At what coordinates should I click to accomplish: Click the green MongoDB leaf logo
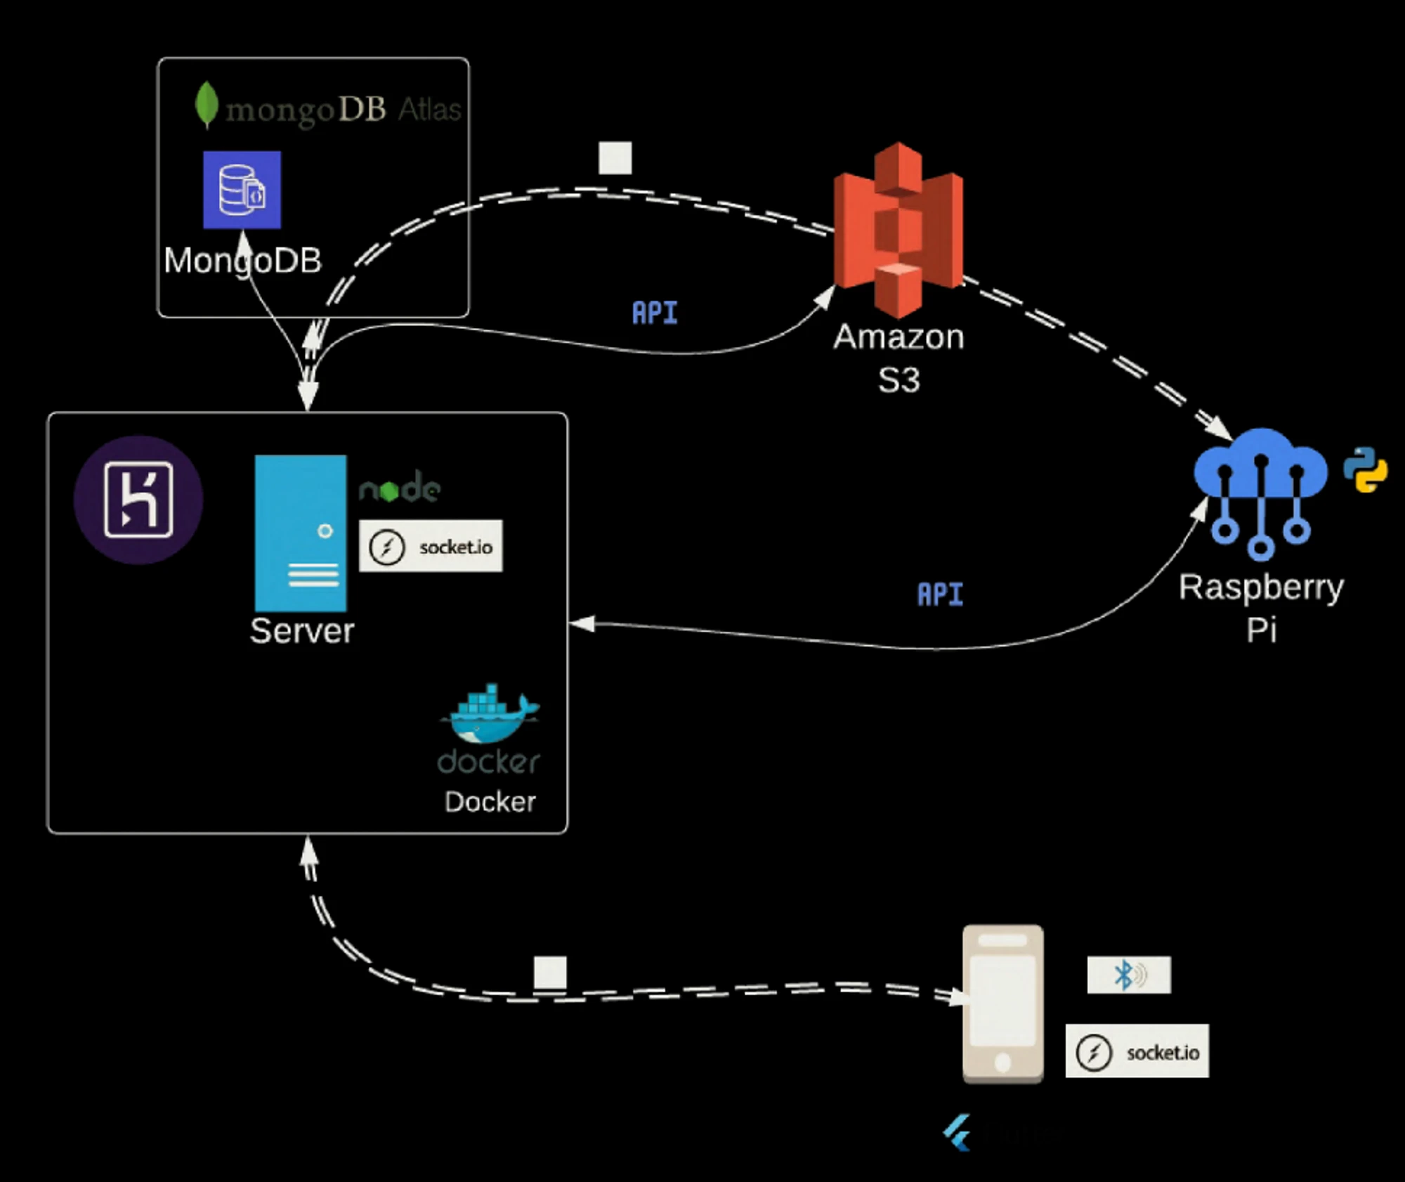(x=206, y=105)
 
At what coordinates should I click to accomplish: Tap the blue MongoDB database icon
(x=242, y=190)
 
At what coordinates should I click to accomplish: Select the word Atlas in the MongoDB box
(x=429, y=110)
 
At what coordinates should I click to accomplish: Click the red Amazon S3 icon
(x=898, y=228)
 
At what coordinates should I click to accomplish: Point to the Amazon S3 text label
(x=898, y=358)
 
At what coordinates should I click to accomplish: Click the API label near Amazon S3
(x=655, y=313)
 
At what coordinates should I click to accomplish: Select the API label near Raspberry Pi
(x=940, y=595)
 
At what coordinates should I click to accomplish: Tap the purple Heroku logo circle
(x=138, y=500)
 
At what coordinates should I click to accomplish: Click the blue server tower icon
(x=301, y=533)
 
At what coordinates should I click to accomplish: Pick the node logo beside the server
(x=399, y=487)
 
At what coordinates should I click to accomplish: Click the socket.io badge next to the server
(x=431, y=546)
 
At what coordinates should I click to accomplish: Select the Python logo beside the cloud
(x=1365, y=469)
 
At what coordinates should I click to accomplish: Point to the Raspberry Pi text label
(x=1261, y=607)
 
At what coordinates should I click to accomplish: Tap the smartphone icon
(x=1002, y=1004)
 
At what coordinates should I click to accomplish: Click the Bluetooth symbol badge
(x=1128, y=975)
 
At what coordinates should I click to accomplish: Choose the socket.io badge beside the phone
(x=1137, y=1051)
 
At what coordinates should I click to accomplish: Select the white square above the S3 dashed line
(x=615, y=158)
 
